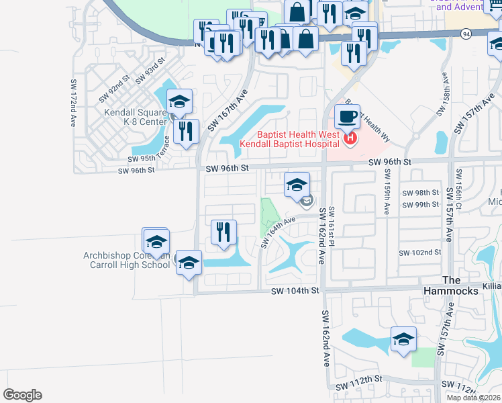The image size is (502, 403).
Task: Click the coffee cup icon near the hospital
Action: [x=347, y=116]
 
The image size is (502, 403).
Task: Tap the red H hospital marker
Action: [x=350, y=139]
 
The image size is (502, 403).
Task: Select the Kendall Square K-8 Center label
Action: [x=135, y=118]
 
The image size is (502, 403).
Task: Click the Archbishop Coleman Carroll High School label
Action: [x=127, y=260]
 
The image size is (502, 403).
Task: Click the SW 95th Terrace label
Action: [x=138, y=159]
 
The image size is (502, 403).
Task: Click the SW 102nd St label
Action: [x=419, y=253]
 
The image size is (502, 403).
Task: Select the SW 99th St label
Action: [x=420, y=204]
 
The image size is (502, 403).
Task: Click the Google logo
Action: [x=22, y=395]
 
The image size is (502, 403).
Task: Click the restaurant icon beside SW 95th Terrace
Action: [x=186, y=131]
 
